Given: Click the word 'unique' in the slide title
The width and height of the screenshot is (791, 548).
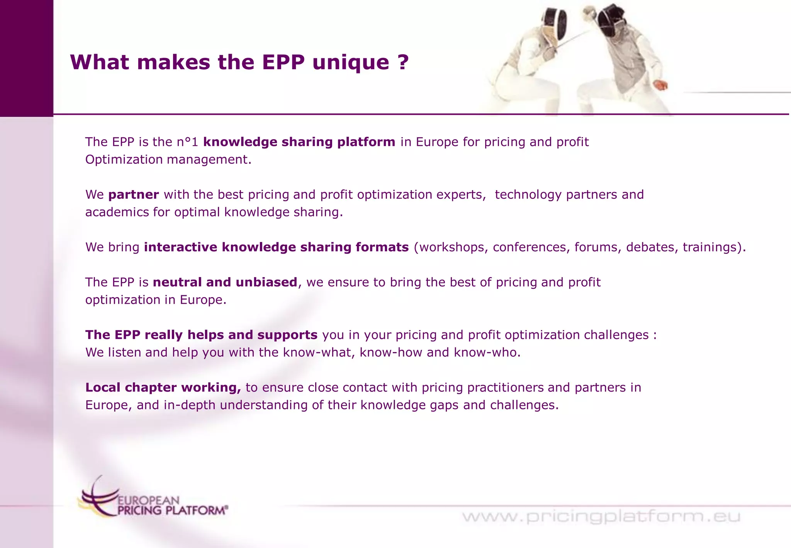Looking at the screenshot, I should tap(351, 63).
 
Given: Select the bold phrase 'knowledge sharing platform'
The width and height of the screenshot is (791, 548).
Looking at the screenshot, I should tap(299, 142).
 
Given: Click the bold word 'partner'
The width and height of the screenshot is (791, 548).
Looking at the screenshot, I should tap(134, 195).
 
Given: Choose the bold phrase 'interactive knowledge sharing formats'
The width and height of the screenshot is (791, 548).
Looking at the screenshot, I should tap(276, 247).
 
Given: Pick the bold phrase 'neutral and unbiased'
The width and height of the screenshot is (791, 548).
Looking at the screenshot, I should tap(225, 283).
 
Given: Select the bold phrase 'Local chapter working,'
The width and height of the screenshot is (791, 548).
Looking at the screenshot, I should tap(163, 388).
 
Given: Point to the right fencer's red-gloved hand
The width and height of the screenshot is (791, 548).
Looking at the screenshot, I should tap(661, 85).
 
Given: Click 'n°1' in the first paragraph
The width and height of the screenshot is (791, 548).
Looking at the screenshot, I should tap(187, 142).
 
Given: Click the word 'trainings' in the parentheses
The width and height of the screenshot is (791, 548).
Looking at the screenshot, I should tap(710, 247).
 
